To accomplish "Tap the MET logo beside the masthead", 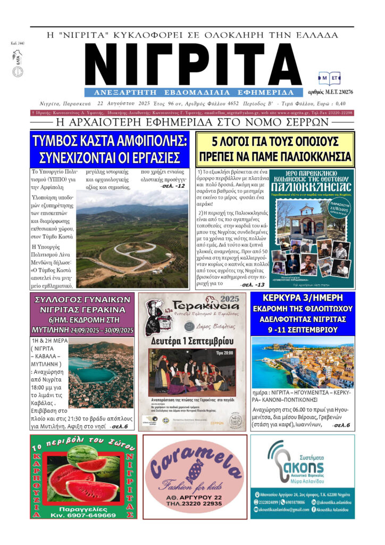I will click(x=330, y=78).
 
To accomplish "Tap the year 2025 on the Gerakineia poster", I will click(x=232, y=298).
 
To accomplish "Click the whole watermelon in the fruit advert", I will click(x=82, y=456).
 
